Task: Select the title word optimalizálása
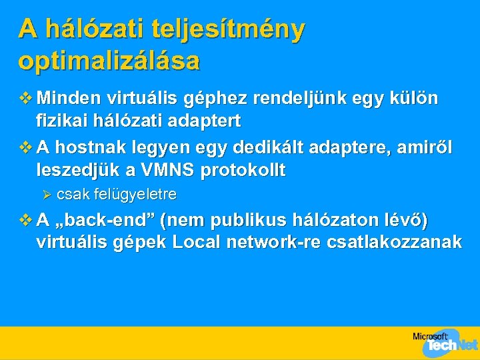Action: point(109,61)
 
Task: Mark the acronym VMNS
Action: point(175,170)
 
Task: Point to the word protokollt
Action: point(249,170)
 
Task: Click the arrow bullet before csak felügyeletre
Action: point(47,195)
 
